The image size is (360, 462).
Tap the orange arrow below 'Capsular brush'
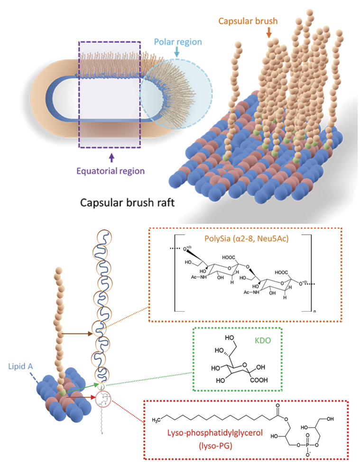(x=268, y=32)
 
